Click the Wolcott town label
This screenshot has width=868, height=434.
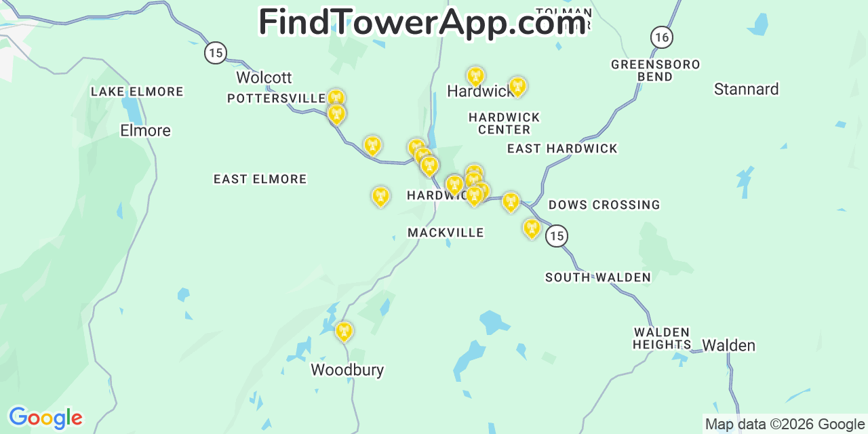[264, 77]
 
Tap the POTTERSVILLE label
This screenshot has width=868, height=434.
[276, 98]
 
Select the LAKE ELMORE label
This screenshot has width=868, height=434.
[137, 92]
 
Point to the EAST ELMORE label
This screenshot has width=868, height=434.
[260, 179]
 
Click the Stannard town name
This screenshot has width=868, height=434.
[746, 89]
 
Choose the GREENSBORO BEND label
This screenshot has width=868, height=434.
[655, 71]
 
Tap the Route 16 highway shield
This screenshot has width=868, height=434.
[661, 37]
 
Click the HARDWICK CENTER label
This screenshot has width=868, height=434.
[504, 123]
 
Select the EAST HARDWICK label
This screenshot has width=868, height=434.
[562, 149]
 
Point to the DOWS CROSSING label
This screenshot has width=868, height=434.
[604, 205]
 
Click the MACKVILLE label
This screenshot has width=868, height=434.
[446, 233]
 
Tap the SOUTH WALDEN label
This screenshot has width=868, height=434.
[598, 277]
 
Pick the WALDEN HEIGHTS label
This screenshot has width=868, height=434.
[662, 338]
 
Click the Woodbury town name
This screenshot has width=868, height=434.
[347, 370]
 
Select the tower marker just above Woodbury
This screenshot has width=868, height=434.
[344, 331]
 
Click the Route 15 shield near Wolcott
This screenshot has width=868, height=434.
[215, 52]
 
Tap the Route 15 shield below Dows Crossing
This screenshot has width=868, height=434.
[556, 235]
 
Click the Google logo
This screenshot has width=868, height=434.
[45, 417]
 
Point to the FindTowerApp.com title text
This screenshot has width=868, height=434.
[422, 22]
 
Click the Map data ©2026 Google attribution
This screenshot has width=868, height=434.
[785, 425]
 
